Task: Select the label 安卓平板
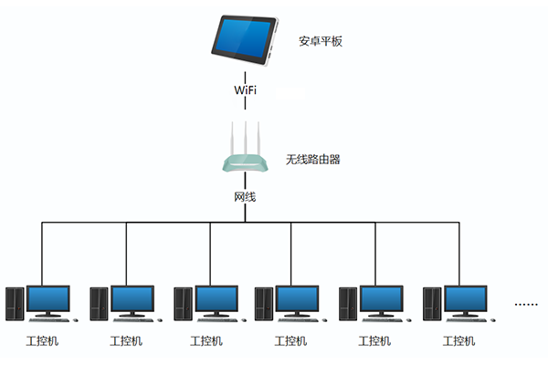pyautogui.click(x=321, y=42)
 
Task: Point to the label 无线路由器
pyautogui.click(x=313, y=159)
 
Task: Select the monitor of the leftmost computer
pyautogui.click(x=48, y=298)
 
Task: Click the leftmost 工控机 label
pyautogui.click(x=42, y=341)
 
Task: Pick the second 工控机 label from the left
pyautogui.click(x=126, y=341)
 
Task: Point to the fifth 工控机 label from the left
pyautogui.click(x=374, y=341)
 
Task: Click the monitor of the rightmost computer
pyautogui.click(x=466, y=298)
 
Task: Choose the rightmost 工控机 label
pyautogui.click(x=458, y=341)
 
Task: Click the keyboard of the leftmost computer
pyautogui.click(x=51, y=320)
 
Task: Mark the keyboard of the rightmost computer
pyautogui.click(x=469, y=320)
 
